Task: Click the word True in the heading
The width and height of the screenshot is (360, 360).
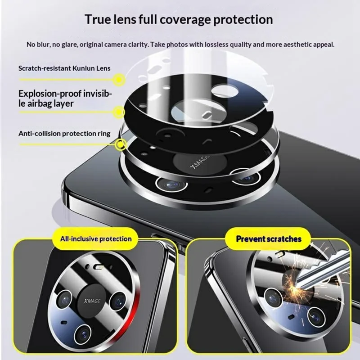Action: coord(100,20)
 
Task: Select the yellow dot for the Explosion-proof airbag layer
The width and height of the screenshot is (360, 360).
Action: coord(119,111)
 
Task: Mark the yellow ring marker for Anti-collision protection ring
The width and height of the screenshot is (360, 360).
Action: coord(120,144)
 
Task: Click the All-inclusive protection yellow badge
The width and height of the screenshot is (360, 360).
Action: coord(96,238)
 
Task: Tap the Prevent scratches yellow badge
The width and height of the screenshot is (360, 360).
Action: coord(269,238)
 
